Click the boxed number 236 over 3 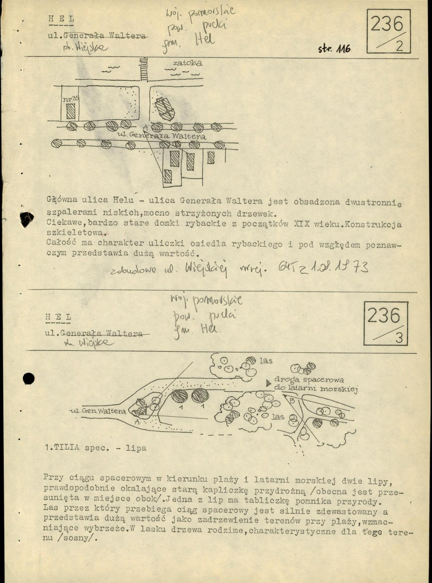click(x=385, y=323)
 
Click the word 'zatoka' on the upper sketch click(x=187, y=63)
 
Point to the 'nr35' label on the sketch click(x=72, y=99)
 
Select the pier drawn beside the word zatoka click(x=144, y=70)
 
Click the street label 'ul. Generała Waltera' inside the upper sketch click(x=168, y=136)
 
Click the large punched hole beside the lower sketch click(x=29, y=378)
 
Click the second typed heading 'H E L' click(x=58, y=317)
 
